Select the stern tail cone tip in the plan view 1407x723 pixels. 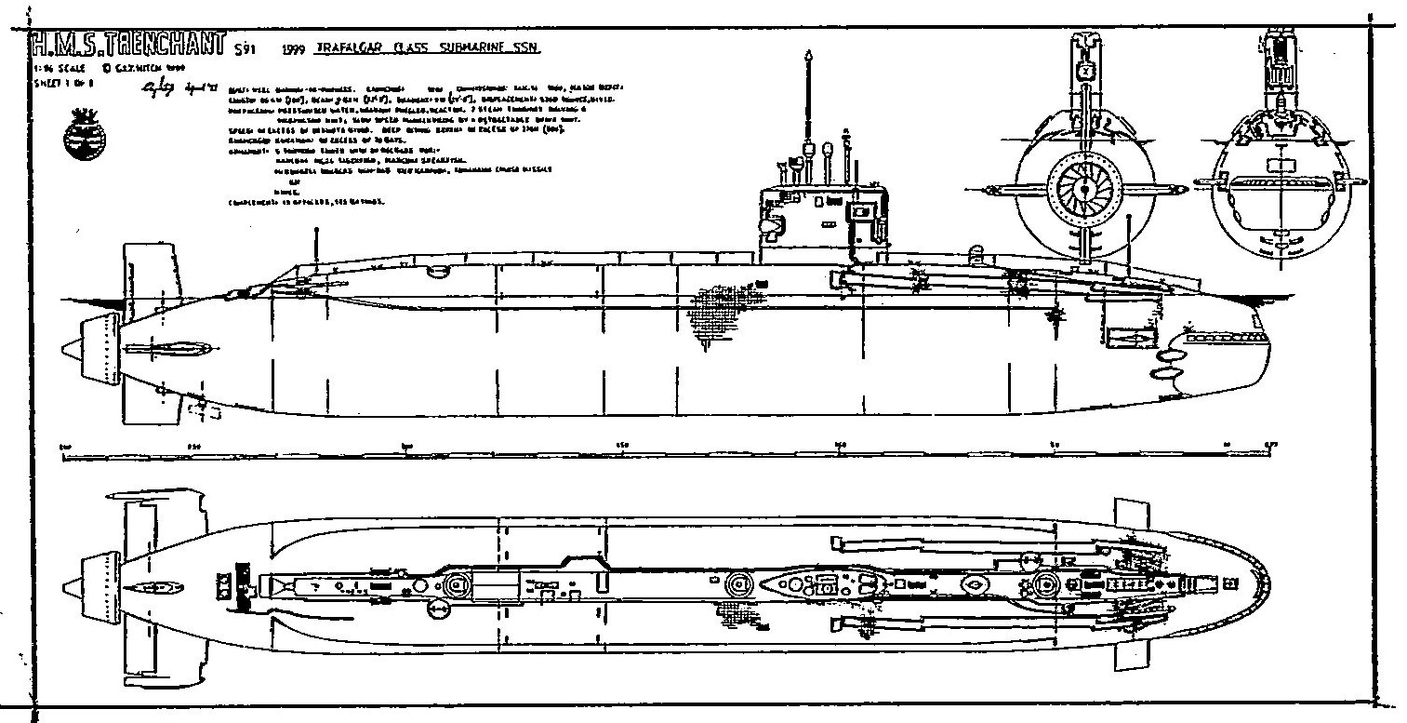click(66, 586)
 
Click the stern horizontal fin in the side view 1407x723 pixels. click(167, 351)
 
